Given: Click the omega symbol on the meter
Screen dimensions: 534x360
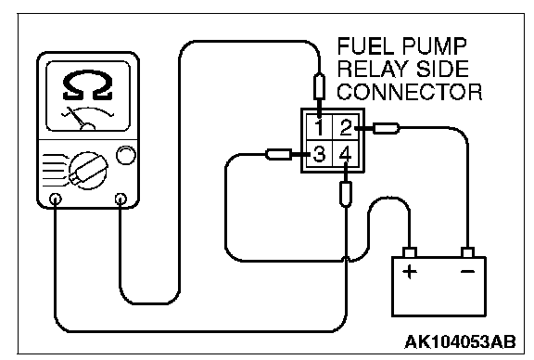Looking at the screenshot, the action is pos(88,85).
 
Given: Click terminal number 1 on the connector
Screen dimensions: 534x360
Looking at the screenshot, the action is pos(319,127).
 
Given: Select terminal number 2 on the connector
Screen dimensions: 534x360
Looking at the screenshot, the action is pos(346,127).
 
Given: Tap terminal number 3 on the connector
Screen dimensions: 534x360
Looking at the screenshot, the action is pos(319,154).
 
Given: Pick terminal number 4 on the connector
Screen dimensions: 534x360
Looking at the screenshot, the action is pos(345,154).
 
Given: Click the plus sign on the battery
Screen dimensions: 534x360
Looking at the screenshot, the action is pos(410,272).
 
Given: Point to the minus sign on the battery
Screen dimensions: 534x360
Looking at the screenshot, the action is pos(467,271).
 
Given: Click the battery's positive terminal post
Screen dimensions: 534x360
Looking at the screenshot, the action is pos(410,252).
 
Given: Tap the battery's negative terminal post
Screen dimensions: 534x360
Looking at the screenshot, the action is pos(467,252).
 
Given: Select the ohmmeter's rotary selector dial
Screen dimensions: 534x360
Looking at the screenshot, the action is pos(88,171).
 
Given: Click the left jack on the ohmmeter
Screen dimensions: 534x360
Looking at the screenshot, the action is pos(56,199).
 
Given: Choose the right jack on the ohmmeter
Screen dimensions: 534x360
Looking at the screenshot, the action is pos(121,199).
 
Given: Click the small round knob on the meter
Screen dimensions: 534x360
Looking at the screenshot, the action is pos(126,155).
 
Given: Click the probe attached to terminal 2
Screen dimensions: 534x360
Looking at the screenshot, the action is pos(386,129).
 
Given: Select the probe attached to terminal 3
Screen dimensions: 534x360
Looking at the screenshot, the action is pos(278,154).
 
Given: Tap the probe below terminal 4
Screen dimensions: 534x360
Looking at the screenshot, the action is pos(346,194).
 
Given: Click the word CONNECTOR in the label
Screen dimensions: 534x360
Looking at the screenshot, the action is pos(410,92).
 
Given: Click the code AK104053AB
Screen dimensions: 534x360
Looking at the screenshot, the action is pos(460,341).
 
